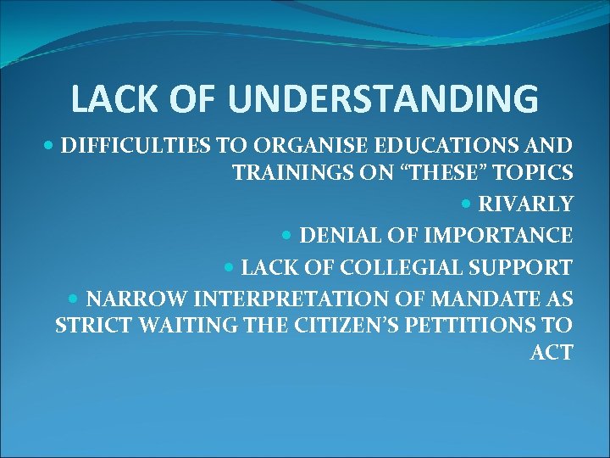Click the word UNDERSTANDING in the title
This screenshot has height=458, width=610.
[x=382, y=99]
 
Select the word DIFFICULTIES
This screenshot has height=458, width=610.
[x=134, y=146]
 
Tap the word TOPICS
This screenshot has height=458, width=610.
[x=527, y=173]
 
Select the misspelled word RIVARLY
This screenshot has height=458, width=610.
[x=526, y=204]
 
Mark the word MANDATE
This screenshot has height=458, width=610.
[x=493, y=299]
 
